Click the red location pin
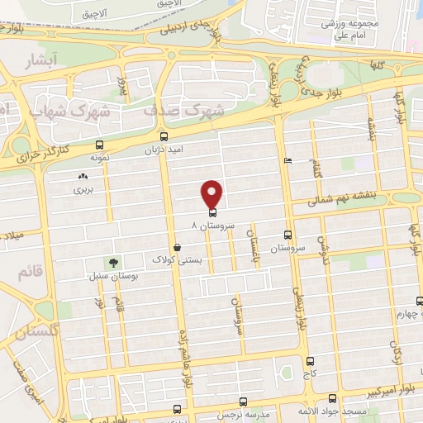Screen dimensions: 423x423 212,193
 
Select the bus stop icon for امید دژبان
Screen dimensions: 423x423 163,137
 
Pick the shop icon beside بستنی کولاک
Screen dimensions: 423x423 177,247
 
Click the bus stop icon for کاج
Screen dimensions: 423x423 310,361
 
